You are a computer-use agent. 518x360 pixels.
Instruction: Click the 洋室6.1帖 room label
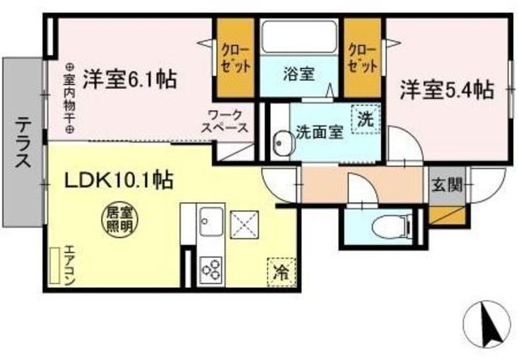131,80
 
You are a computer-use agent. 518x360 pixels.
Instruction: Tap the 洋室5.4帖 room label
444,89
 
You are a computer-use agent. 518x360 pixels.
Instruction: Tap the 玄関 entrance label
446,184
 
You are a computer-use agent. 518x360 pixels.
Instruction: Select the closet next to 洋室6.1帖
236,57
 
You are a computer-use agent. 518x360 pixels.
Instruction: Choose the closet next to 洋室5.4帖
363,57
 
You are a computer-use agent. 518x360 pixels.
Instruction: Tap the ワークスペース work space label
227,122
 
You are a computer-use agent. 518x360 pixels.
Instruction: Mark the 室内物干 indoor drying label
69,99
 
